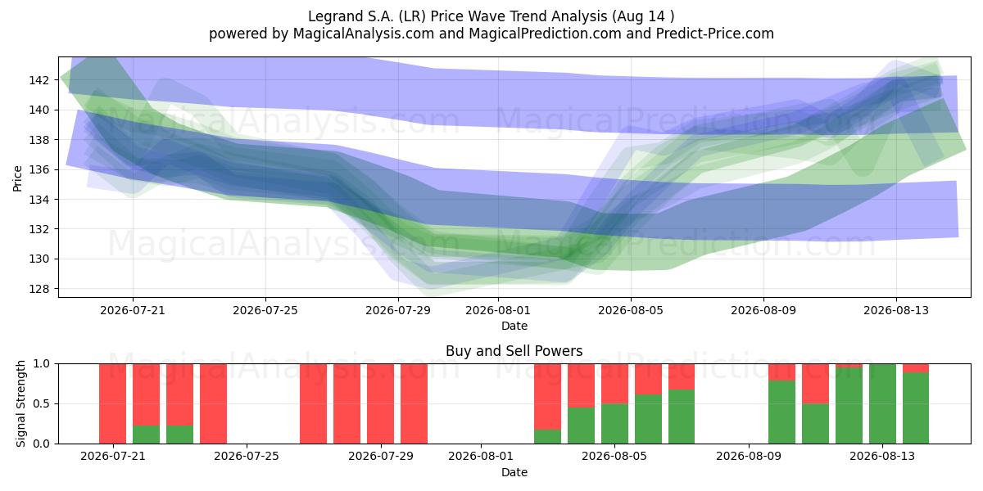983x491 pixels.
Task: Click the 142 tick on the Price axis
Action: tap(39, 80)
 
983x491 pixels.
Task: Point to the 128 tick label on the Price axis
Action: tap(39, 289)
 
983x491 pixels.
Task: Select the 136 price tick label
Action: tap(39, 169)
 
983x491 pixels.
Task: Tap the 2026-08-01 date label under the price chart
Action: tap(498, 310)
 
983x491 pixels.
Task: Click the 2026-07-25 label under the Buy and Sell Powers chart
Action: tap(247, 457)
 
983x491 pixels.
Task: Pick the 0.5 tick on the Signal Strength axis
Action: tap(42, 403)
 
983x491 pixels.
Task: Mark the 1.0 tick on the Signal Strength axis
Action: tap(42, 364)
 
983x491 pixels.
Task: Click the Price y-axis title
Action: tap(17, 178)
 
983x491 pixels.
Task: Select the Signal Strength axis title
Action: tap(20, 403)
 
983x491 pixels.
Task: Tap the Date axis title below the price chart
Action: tap(514, 326)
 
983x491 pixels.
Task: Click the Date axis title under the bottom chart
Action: tap(514, 472)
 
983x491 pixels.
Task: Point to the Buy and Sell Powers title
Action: tap(514, 351)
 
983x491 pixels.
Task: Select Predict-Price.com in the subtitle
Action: tap(715, 34)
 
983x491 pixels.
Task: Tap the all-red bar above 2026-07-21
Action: tap(112, 403)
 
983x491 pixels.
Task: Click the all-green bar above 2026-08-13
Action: tap(882, 403)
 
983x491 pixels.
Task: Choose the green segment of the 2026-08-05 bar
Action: tap(614, 424)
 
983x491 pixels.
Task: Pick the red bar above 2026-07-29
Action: tap(380, 403)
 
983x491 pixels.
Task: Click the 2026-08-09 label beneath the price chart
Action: tap(763, 310)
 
